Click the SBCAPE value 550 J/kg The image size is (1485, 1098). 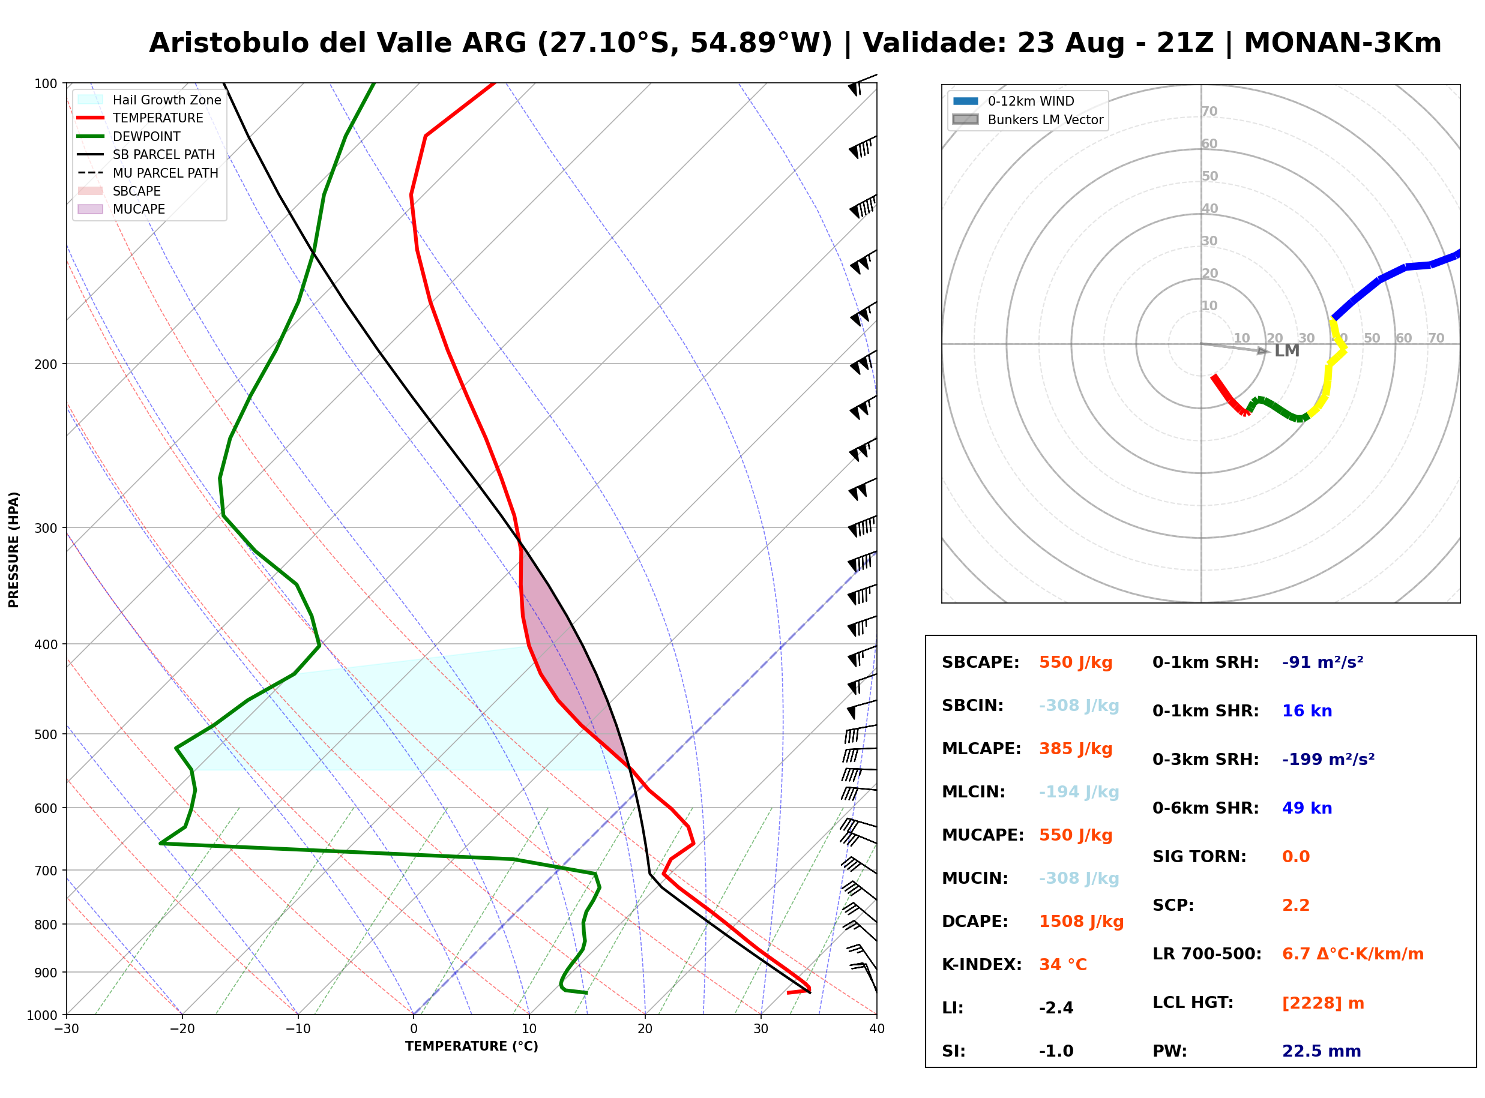[1076, 662]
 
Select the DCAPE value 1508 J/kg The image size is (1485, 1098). [1081, 922]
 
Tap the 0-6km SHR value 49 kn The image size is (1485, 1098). [1307, 808]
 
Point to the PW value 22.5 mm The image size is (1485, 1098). [1322, 1051]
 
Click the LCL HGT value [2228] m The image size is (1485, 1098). [1323, 1003]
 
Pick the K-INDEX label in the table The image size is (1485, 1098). [982, 965]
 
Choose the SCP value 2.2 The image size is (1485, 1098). [1295, 905]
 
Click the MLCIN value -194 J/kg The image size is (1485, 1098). [1079, 792]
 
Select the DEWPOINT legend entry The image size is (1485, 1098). [129, 136]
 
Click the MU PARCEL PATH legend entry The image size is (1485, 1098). [148, 173]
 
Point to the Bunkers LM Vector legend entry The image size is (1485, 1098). [1028, 119]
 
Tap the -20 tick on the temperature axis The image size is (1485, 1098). [182, 1029]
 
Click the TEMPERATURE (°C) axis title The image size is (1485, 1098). [472, 1046]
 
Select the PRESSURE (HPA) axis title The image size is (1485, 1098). [14, 550]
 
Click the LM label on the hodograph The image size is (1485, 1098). [1287, 351]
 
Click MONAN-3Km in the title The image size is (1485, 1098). [1343, 43]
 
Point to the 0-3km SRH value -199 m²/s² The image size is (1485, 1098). [1328, 759]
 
